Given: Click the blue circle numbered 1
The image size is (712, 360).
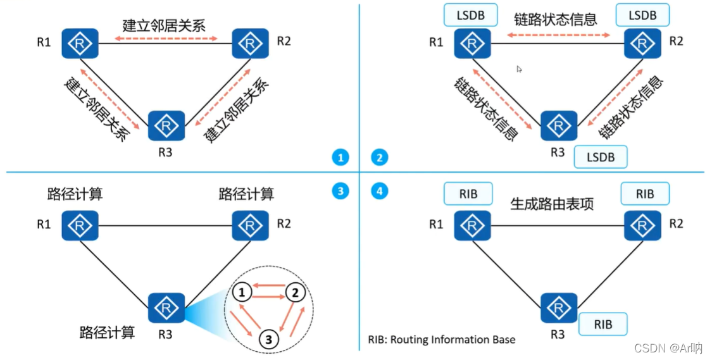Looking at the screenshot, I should [x=340, y=158].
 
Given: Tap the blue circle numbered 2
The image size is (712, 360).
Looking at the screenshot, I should [x=379, y=158].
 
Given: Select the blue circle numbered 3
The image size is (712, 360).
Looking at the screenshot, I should [x=340, y=190].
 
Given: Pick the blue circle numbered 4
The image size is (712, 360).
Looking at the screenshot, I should [x=379, y=190].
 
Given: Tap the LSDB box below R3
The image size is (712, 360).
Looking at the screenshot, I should [x=600, y=156].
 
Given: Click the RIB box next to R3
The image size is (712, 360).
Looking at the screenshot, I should [x=603, y=324].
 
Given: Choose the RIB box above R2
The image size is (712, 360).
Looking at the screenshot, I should [x=645, y=194].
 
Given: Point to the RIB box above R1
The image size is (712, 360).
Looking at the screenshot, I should [x=468, y=194].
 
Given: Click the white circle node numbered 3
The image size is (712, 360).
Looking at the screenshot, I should [x=269, y=339].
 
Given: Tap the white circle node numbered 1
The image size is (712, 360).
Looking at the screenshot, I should [x=241, y=292].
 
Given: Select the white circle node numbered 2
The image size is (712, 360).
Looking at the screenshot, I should [x=294, y=292].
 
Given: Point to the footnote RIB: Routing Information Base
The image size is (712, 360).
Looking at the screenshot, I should [x=442, y=340].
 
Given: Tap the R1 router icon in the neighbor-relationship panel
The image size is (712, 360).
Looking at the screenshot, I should [x=80, y=44].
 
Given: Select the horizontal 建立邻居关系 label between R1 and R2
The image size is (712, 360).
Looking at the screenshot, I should [x=164, y=26].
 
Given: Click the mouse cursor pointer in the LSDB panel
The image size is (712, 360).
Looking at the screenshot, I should [x=519, y=69].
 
